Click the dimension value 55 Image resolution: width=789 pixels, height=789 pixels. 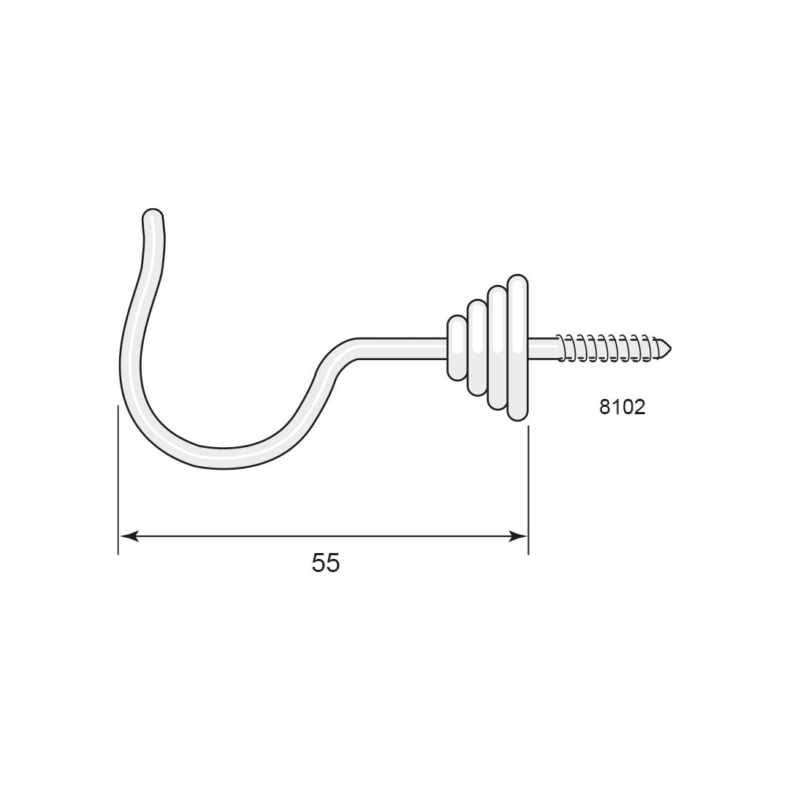coord(326,563)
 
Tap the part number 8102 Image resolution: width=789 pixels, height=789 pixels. coord(622,407)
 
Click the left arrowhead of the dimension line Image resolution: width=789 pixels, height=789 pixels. coord(129,536)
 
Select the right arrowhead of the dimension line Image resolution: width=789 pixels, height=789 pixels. coord(518,536)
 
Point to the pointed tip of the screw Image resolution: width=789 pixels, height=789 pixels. coord(671,347)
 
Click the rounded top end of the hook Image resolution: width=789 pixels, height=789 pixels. coord(153,213)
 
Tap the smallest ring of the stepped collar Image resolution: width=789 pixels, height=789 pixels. coord(457,347)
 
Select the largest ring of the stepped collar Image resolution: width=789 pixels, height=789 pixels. coord(518,347)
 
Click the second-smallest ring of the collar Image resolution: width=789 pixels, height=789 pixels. coord(477,347)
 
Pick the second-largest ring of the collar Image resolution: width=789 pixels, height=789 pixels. coord(498,347)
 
